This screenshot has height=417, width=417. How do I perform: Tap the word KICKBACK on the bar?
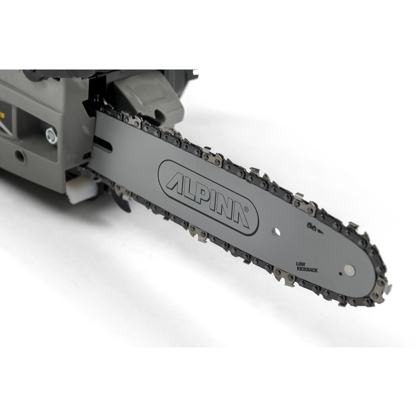[x=307, y=269]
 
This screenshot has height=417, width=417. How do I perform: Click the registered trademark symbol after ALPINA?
[x=247, y=209]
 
